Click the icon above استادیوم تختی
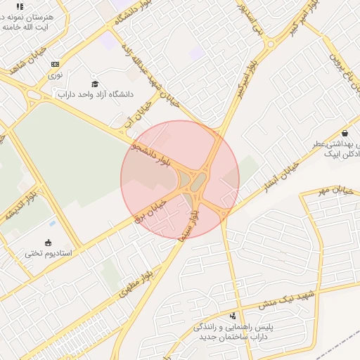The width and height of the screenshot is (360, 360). [49, 243]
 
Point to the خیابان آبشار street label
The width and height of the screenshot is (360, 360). [281, 179]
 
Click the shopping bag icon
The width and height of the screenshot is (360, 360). [344, 133]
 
